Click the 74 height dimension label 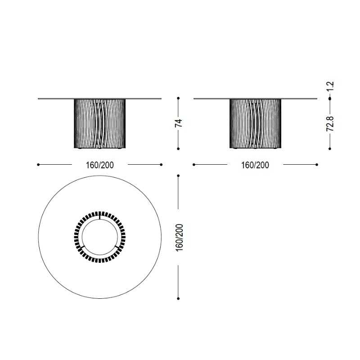pyautogui.click(x=179, y=123)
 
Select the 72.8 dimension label pyautogui.click(x=330, y=124)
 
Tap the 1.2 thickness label pyautogui.click(x=330, y=86)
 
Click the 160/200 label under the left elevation pyautogui.click(x=99, y=165)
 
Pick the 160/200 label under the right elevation pyautogui.click(x=255, y=165)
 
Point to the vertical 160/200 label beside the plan pyautogui.click(x=179, y=238)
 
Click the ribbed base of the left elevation pyautogui.click(x=100, y=124)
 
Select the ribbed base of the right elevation pyautogui.click(x=255, y=124)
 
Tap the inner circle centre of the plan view pyautogui.click(x=100, y=237)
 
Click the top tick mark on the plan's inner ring pyautogui.click(x=99, y=217)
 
